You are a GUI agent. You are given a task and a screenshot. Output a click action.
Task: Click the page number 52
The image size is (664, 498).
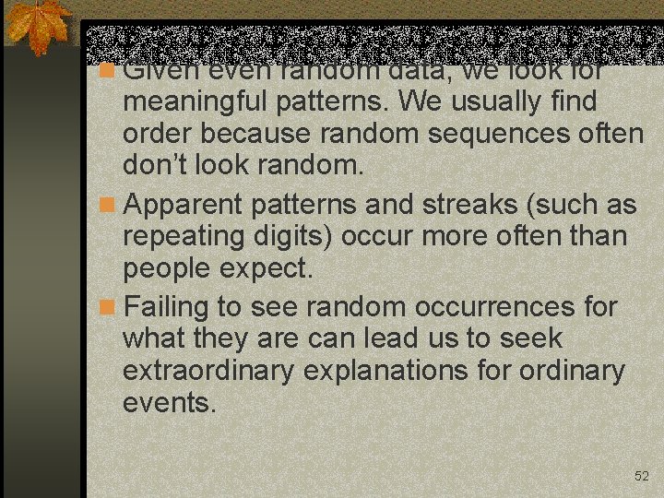click(642, 476)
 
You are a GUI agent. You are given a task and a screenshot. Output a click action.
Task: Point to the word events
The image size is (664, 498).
click(169, 405)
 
